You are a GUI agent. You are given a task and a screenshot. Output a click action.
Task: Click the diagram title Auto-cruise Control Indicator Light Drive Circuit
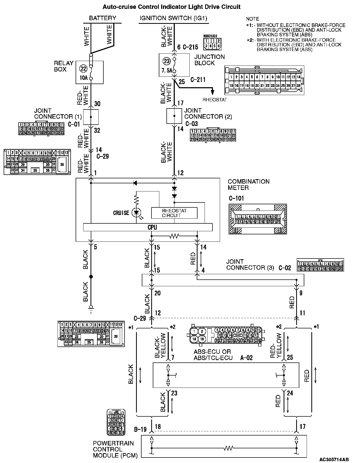(x=171, y=7)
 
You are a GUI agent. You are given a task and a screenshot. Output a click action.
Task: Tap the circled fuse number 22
(x=83, y=69)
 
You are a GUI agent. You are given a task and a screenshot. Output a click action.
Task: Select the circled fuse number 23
(x=167, y=61)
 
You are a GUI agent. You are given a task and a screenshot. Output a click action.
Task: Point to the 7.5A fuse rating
(x=167, y=71)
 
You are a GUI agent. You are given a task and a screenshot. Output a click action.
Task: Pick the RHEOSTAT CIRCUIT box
(x=174, y=213)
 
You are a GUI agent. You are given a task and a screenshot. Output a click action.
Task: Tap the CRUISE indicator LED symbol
(x=136, y=212)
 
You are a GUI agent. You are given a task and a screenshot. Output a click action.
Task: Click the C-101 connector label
(x=236, y=199)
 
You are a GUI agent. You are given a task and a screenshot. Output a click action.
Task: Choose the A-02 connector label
(x=246, y=358)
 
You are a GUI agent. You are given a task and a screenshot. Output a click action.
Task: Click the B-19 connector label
(x=140, y=429)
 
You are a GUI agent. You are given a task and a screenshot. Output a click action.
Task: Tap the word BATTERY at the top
(x=103, y=18)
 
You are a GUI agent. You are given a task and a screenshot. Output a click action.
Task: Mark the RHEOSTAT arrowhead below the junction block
(x=212, y=92)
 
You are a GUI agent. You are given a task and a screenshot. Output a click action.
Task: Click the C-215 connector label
(x=190, y=47)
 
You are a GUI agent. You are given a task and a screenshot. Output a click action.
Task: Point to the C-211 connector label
(x=198, y=80)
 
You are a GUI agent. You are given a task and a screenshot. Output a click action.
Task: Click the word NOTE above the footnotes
(x=252, y=19)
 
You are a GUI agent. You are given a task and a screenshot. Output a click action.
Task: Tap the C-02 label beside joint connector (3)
(x=285, y=268)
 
